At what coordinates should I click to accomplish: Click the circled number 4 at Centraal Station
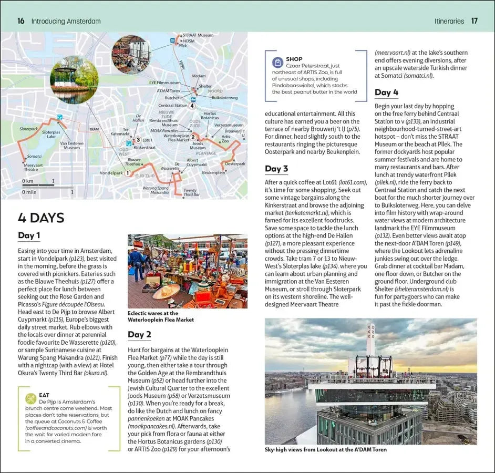tap(192, 106)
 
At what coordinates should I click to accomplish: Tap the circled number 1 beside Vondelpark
tap(127, 172)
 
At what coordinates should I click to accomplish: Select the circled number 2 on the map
tap(193, 138)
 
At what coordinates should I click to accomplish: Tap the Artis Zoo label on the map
tap(225, 139)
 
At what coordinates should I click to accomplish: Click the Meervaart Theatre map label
tap(31, 167)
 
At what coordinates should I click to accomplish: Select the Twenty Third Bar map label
tap(191, 192)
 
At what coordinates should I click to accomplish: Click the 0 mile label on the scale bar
tap(29, 192)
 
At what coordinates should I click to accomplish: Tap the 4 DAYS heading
tap(41, 218)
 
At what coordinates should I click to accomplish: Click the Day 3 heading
tap(276, 169)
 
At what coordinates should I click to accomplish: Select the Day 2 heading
tap(139, 334)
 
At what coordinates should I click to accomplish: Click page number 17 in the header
tap(475, 21)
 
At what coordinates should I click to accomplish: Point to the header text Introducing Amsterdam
tap(66, 21)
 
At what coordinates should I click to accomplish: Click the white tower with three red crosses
tap(371, 339)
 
